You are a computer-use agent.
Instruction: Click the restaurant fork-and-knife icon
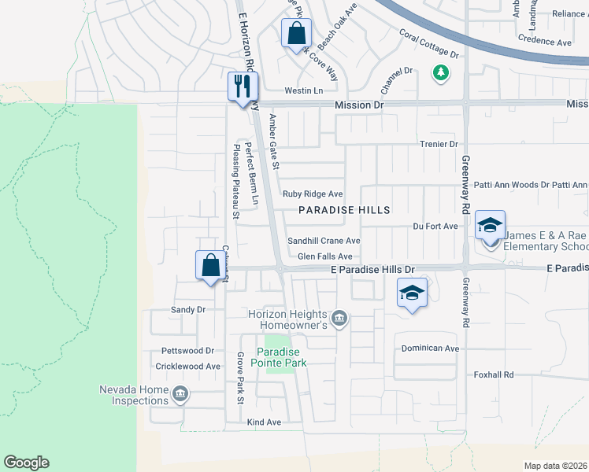pos(243,85)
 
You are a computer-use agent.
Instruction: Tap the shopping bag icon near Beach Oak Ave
pos(296,34)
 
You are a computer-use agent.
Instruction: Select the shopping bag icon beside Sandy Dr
pos(211,265)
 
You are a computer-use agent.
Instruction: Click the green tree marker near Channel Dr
pos(440,73)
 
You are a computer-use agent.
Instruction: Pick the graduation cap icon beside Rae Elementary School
pos(490,225)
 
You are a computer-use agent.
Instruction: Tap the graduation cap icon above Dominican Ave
pos(411,293)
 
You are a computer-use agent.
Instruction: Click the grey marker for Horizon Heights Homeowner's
pos(339,318)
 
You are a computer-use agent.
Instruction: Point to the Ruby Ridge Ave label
pos(313,194)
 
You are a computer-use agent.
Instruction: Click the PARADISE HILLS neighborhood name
pos(344,210)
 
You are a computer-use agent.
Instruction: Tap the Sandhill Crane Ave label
pos(323,241)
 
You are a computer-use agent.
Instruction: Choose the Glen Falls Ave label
pos(324,256)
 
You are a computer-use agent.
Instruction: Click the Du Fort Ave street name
pos(435,227)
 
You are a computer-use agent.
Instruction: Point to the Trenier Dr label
pos(439,144)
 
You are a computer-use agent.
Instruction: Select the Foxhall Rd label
pos(493,375)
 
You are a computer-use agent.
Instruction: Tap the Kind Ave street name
pos(264,422)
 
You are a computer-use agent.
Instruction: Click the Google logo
pos(26,463)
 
